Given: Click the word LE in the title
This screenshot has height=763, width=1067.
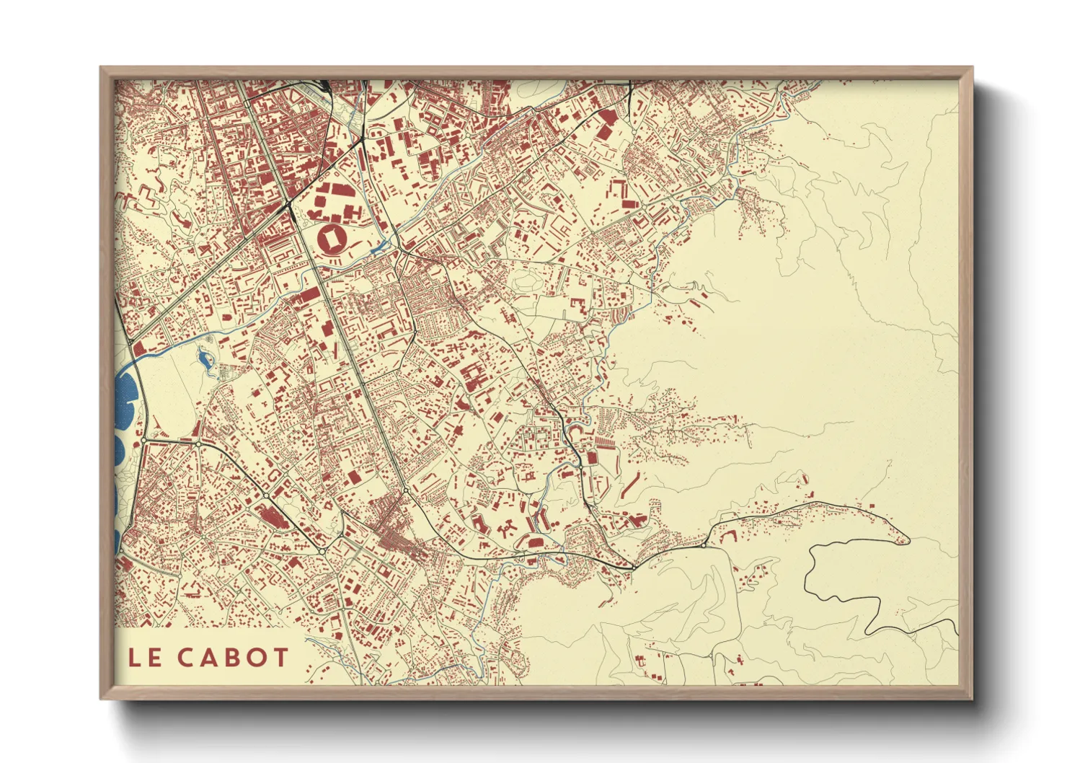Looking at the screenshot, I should [x=144, y=657].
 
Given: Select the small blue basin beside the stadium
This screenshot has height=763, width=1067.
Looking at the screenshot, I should [x=378, y=250].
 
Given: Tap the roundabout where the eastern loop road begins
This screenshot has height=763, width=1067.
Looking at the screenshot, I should [x=704, y=545].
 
